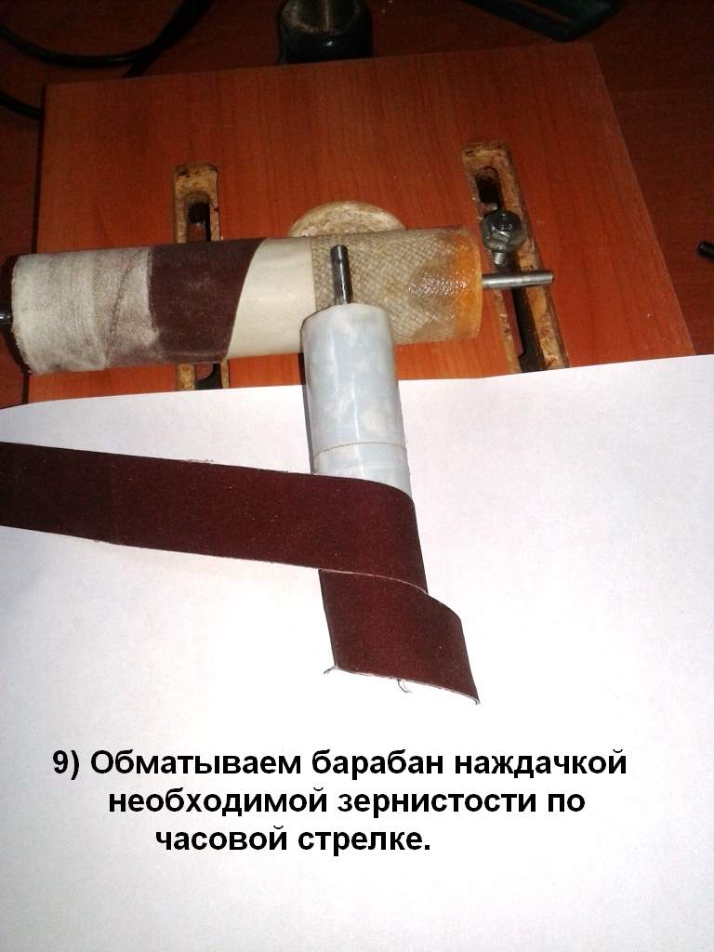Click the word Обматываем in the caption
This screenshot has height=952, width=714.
click(195, 762)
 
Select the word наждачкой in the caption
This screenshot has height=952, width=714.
click(540, 762)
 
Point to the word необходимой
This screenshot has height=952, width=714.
click(219, 801)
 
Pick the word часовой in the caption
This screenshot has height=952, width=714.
click(222, 840)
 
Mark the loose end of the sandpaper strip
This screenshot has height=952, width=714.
click(401, 683)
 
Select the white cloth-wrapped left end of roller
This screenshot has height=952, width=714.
click(79, 311)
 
